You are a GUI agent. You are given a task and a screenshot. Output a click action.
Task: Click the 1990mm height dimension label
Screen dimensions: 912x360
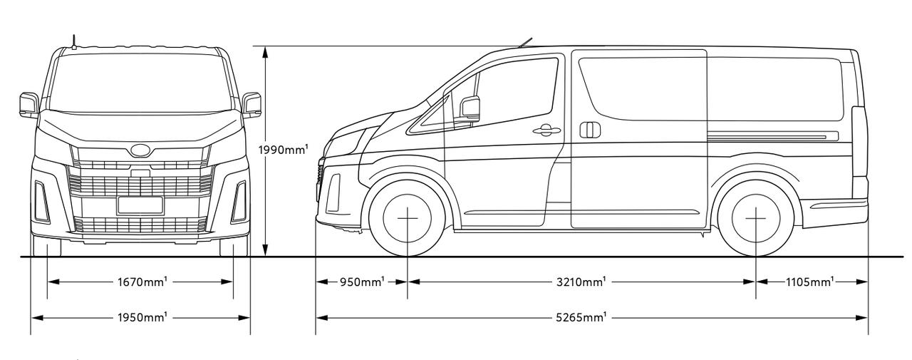(283, 150)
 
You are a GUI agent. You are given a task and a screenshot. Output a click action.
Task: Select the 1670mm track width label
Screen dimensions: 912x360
(142, 282)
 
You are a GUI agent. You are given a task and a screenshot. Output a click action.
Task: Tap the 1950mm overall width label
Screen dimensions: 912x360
(142, 317)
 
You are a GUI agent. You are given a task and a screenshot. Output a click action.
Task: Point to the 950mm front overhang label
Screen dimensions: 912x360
(362, 282)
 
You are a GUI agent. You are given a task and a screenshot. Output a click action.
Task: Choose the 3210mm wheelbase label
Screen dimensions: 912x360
(581, 282)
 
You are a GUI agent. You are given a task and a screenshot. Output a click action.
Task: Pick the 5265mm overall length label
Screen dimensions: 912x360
(581, 317)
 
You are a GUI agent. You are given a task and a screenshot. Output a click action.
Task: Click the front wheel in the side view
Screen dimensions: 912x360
(408, 218)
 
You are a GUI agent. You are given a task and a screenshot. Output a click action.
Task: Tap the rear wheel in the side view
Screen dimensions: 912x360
(756, 218)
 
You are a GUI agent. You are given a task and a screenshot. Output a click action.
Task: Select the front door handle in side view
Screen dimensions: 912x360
(546, 130)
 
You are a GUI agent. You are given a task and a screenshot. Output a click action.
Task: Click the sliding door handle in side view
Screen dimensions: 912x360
(590, 130)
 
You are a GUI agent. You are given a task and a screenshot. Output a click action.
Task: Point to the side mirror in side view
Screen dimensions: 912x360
(470, 108)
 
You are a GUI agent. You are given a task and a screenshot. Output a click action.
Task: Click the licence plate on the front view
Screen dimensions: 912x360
(140, 205)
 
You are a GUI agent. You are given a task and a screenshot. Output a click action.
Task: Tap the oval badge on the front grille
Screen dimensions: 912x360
(140, 150)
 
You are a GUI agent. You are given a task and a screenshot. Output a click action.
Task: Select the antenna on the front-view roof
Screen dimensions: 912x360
(74, 42)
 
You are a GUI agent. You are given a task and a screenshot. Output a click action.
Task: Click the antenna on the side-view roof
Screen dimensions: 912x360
(526, 42)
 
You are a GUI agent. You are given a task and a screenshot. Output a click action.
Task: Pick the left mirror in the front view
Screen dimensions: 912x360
(29, 105)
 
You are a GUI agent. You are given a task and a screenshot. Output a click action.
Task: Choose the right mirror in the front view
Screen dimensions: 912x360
(252, 105)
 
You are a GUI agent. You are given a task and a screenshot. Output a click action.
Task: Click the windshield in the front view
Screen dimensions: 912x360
(140, 83)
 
